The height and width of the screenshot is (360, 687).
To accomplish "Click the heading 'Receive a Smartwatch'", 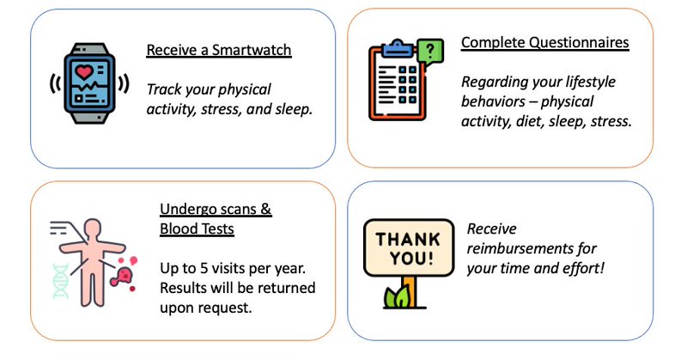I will (x=219, y=50).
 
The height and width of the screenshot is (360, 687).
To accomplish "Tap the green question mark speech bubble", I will (x=429, y=51).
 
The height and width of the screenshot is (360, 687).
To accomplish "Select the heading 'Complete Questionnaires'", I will (x=545, y=42).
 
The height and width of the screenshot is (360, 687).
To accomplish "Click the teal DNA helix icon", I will (x=60, y=280).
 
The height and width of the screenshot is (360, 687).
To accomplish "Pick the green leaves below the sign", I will (x=397, y=297).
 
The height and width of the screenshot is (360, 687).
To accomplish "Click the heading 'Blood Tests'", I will (x=197, y=229).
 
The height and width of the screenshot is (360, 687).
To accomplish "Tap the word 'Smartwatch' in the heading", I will (x=255, y=50).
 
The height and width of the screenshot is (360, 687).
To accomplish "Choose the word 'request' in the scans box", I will (x=225, y=306).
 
